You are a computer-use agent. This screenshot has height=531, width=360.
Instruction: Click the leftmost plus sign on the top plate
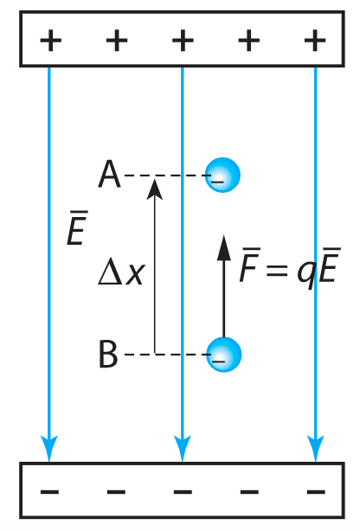tap(51, 41)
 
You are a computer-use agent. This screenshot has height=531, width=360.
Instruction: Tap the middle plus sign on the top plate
tap(183, 41)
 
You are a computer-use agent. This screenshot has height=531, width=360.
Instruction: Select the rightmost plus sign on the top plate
tap(315, 41)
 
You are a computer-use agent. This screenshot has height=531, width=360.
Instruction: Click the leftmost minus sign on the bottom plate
tap(50, 491)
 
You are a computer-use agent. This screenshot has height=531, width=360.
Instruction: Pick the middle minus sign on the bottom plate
tap(183, 491)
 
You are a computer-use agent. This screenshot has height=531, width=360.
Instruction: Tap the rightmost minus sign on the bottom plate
tap(316, 491)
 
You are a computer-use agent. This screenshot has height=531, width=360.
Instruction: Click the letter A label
tap(109, 174)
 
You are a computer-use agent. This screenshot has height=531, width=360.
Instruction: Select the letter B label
tap(108, 354)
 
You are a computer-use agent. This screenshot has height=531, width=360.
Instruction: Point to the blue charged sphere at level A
tap(222, 175)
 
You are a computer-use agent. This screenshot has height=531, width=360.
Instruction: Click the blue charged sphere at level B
tap(224, 355)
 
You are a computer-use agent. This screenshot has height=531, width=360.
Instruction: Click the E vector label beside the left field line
tap(77, 227)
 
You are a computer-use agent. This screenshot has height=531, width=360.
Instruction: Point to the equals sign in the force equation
tap(277, 271)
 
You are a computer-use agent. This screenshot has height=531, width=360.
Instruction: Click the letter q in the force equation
tap(307, 273)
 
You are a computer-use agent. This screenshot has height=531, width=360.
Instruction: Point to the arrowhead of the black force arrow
tap(224, 247)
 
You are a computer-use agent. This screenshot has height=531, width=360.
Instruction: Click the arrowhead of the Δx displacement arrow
tap(155, 189)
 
